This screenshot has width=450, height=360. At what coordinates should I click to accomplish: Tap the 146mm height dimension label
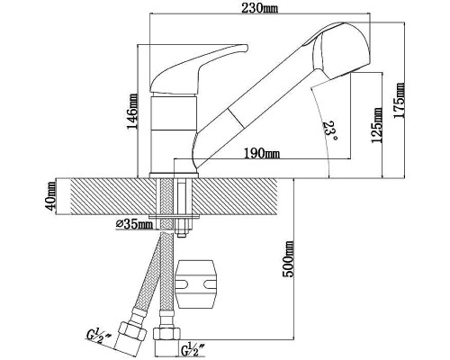click(x=132, y=112)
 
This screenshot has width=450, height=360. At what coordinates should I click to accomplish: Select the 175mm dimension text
click(x=399, y=101)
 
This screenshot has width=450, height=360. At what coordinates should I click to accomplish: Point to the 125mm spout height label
click(x=377, y=125)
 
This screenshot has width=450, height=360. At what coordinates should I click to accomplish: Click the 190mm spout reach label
click(x=262, y=154)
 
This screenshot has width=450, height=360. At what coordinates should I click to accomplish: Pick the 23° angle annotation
click(x=330, y=130)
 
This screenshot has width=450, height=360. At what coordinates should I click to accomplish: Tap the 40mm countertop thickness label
click(x=51, y=196)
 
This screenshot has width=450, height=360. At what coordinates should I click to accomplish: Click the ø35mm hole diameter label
click(x=134, y=224)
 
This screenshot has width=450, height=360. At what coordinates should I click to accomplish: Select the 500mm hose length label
click(x=288, y=259)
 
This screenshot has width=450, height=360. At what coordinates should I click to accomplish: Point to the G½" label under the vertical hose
click(x=193, y=349)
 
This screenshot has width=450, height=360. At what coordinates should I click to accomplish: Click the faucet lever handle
click(x=199, y=68)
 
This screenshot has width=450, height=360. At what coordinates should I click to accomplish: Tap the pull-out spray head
click(x=341, y=50)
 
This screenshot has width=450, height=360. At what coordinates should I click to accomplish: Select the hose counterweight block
click(x=195, y=284)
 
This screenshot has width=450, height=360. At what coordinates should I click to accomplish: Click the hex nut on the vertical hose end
click(x=166, y=334)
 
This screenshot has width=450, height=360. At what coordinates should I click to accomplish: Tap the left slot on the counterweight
click(x=182, y=283)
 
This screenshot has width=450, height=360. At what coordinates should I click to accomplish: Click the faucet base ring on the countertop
click(x=174, y=175)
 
